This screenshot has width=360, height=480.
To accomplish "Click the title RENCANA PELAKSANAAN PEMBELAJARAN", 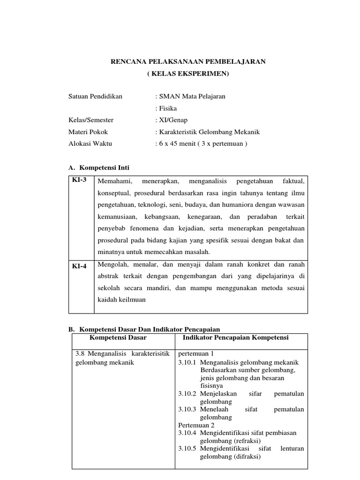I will click(x=187, y=61).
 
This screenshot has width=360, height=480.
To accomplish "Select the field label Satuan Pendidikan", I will click(x=95, y=96).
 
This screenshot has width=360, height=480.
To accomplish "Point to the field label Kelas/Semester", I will click(x=91, y=120).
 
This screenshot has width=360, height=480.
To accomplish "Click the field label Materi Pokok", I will click(x=88, y=132).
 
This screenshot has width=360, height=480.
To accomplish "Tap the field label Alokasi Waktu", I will click(x=90, y=143).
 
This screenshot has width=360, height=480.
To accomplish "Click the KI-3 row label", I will click(x=79, y=180).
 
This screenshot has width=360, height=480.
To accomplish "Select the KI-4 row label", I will click(x=79, y=266).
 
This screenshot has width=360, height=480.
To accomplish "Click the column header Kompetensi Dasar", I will click(x=118, y=337).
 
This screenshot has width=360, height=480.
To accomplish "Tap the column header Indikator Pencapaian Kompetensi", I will click(x=235, y=337).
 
